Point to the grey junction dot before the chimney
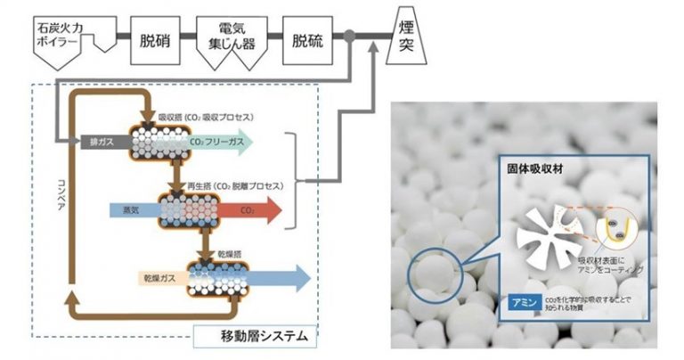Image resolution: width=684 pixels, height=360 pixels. (351, 37)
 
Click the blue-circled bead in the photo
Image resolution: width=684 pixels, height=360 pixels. (434, 268)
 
